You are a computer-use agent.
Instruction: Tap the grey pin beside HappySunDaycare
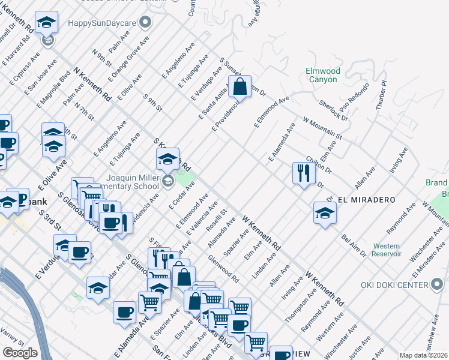[145, 23]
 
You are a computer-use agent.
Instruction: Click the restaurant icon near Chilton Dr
[303, 173]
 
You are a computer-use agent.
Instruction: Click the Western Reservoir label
[387, 250]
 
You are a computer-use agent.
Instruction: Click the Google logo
[20, 353]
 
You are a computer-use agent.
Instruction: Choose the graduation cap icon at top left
[46, 23]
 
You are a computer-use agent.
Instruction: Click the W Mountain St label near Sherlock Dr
[322, 128]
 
